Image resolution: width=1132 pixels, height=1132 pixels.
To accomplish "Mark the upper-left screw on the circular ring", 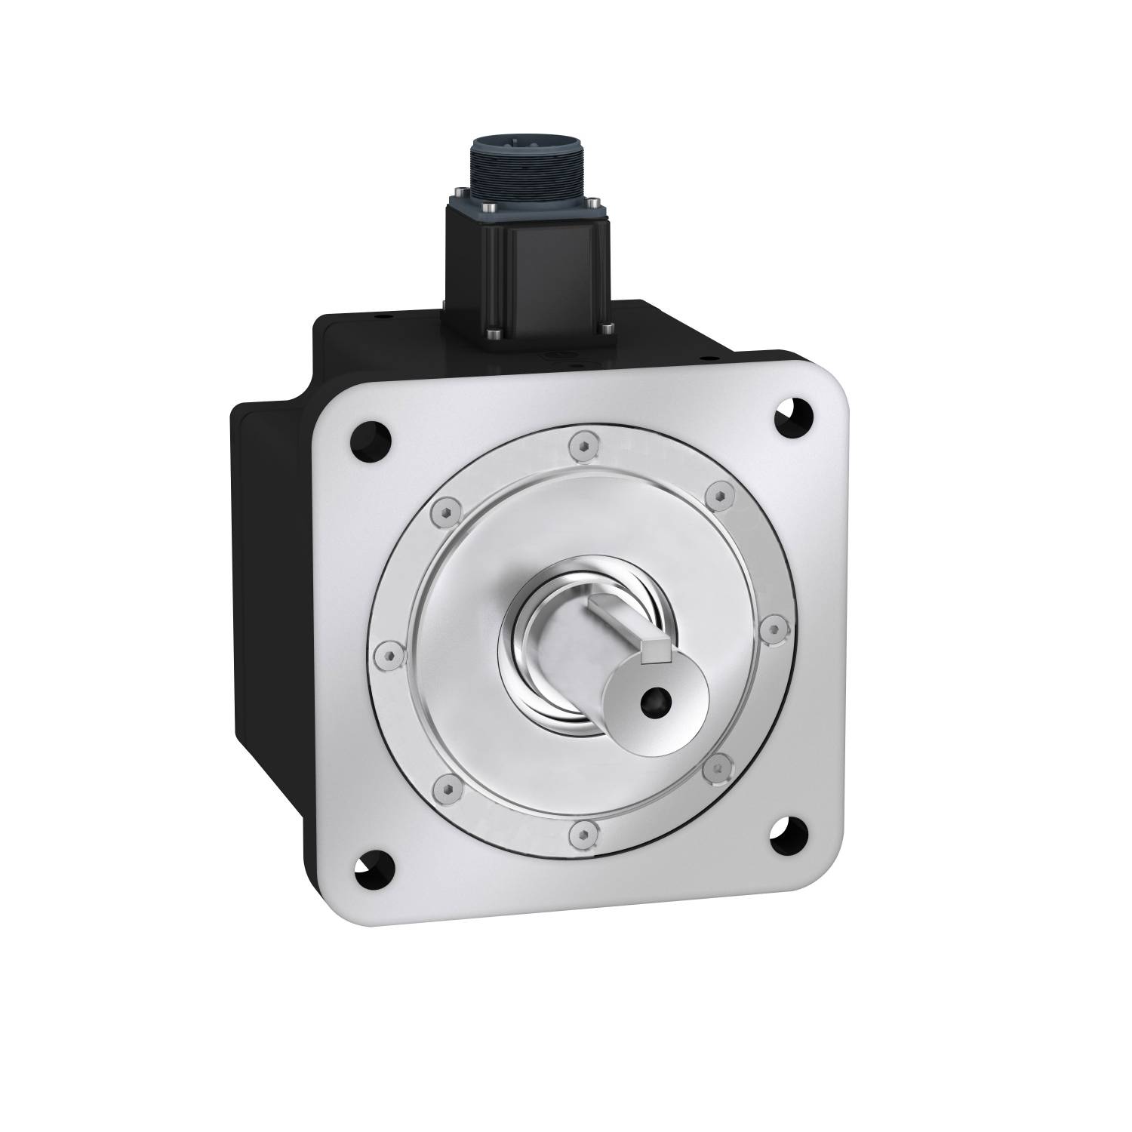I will click(x=444, y=513).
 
